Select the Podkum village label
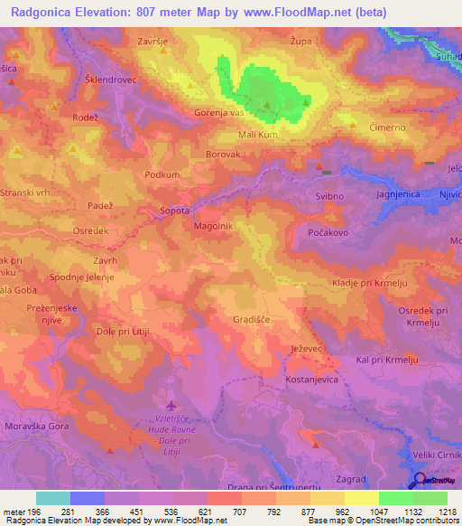point(162,175)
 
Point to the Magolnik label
point(214,227)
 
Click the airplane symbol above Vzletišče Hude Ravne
point(172,404)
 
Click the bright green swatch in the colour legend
point(395,498)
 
